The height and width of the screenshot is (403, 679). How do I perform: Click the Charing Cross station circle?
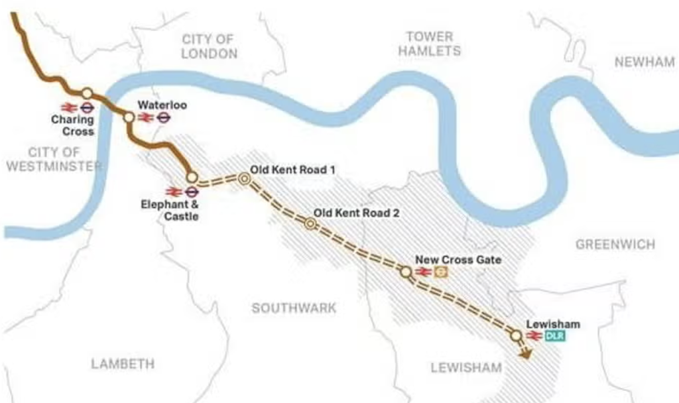[87, 93]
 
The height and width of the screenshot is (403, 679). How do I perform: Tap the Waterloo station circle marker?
[129, 117]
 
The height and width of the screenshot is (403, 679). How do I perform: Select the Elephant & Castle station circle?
[192, 177]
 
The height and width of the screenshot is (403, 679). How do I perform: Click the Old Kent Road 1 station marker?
[244, 178]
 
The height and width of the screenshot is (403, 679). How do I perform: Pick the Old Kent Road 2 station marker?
[310, 224]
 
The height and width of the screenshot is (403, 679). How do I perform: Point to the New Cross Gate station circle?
[406, 271]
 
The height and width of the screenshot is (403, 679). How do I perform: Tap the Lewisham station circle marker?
[516, 336]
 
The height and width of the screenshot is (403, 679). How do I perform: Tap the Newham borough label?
[644, 62]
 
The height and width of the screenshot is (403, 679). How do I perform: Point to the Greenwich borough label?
[615, 245]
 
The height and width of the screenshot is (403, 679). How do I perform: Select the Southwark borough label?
[294, 308]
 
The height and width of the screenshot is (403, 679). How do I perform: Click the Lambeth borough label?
[123, 364]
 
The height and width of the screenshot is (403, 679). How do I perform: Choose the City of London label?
[209, 46]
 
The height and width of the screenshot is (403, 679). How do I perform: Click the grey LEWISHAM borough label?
[466, 367]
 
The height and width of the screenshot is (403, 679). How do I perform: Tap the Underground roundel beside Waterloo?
[164, 118]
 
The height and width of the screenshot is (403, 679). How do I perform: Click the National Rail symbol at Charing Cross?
[68, 107]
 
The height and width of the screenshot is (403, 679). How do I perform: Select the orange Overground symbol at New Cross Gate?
[440, 272]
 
